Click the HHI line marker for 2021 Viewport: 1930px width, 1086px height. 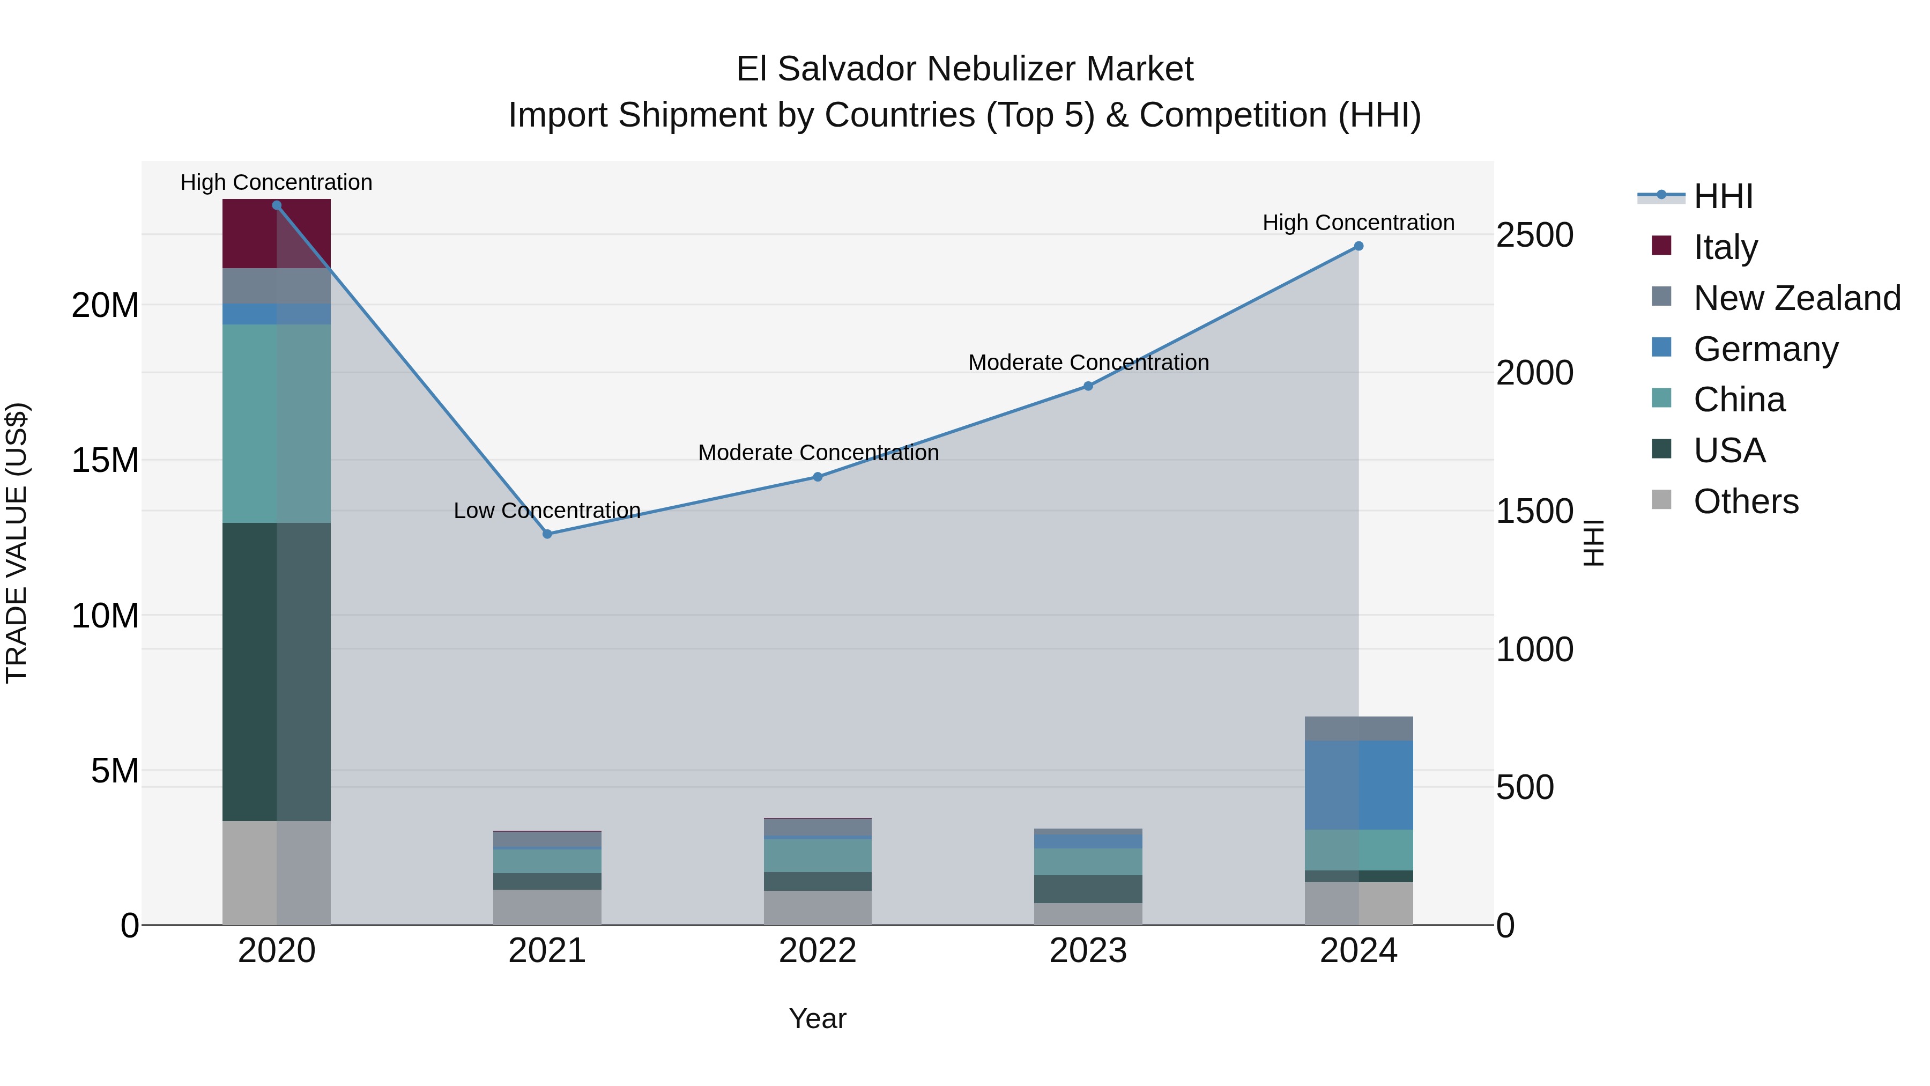point(547,534)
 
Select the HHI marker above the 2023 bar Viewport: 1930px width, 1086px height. point(1088,387)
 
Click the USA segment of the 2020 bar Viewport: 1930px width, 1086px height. point(277,671)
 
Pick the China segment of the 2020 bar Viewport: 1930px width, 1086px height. point(277,424)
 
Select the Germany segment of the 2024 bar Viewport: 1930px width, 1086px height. point(1359,785)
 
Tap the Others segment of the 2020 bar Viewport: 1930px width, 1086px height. point(277,873)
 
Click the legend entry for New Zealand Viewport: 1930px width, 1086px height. point(1797,298)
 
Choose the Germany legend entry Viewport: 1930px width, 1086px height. point(1765,349)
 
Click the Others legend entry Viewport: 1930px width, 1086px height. point(1746,501)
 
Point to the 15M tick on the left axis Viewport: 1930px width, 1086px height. point(105,460)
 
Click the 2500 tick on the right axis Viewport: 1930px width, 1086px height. point(1534,235)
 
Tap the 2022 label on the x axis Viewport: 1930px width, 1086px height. point(818,951)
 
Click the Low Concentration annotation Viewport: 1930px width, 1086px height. point(547,511)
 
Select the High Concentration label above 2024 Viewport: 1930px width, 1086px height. point(1359,223)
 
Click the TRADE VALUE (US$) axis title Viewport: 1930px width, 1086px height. point(17,543)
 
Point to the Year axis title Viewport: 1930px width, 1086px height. point(818,1018)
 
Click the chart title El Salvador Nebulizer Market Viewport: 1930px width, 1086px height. point(964,69)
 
